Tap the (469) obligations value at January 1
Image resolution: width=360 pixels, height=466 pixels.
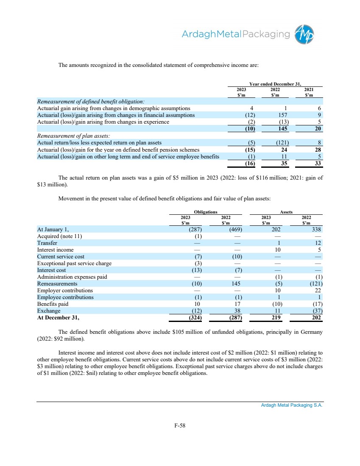tap(233, 230)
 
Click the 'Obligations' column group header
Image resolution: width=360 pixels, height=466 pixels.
tap(206, 212)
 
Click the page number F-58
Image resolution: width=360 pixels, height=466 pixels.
tap(180, 426)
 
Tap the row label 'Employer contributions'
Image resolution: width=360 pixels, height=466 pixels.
tap(65, 291)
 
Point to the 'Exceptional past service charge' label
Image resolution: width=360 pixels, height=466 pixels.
tap(74, 264)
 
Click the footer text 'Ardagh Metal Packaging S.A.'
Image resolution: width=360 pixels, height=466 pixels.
tap(291, 405)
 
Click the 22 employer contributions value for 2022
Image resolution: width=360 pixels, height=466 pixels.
tap(318, 291)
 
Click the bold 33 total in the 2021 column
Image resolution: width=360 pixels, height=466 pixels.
tap(318, 163)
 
